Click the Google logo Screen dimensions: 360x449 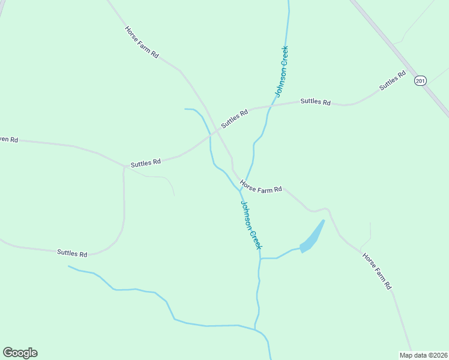20,353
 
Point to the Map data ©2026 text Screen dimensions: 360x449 423,355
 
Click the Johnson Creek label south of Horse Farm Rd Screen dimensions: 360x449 251,224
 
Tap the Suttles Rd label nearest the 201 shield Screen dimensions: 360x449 393,81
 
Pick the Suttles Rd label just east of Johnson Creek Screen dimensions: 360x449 315,102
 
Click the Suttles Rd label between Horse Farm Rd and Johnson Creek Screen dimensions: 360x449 234,118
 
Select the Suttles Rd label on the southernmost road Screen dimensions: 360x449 72,253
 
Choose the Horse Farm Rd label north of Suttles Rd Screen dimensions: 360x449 142,42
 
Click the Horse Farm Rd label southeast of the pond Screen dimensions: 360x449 376,270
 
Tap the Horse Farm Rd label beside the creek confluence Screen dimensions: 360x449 261,187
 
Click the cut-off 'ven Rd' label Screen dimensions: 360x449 9,140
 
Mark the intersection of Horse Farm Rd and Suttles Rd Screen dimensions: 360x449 217,130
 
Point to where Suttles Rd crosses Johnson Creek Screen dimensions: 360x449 270,107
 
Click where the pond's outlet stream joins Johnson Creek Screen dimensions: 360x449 260,258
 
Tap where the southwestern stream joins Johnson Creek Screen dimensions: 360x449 257,329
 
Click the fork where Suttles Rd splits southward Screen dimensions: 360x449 124,167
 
